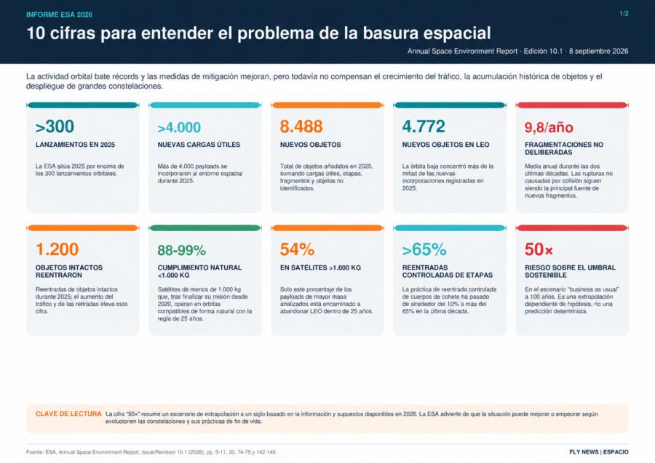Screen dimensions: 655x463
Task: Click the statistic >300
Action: [55, 126]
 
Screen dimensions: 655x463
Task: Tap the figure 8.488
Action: [301, 126]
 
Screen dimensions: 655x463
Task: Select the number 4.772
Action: [424, 126]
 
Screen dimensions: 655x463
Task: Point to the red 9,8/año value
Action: [549, 127]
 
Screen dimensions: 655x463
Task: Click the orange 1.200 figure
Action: [57, 249]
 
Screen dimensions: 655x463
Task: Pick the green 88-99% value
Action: [182, 250]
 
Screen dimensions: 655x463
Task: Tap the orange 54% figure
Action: [297, 249]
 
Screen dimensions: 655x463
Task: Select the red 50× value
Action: [539, 249]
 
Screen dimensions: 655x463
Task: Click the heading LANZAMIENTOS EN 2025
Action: [75, 145]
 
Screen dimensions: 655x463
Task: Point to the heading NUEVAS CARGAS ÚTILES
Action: [199, 145]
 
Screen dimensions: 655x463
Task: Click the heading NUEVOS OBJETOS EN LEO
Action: [445, 145]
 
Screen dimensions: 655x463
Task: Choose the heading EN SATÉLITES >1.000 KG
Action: [320, 267]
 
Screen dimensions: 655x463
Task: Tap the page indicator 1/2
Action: [624, 14]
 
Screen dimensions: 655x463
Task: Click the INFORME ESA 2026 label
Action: [60, 15]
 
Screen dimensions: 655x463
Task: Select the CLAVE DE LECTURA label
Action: [68, 414]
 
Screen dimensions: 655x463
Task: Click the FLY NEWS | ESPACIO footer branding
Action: [599, 452]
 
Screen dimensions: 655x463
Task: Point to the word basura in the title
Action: [391, 33]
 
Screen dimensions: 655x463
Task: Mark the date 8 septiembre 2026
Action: [599, 52]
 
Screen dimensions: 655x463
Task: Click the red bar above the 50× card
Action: [572, 228]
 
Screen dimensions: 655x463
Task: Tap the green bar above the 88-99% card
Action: [205, 228]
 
